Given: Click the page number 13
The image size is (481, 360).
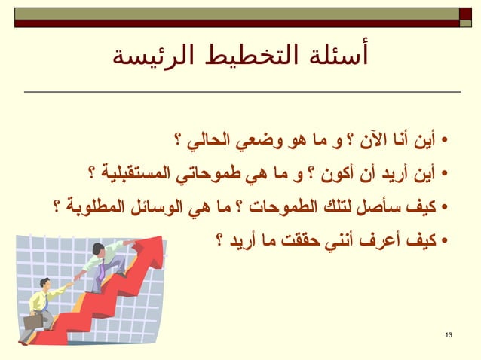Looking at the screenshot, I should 450,334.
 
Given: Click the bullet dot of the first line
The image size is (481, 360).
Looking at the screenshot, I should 446,141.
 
